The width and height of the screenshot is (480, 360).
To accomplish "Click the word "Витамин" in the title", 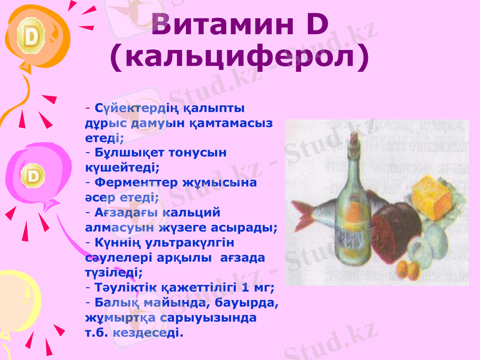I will [221, 24].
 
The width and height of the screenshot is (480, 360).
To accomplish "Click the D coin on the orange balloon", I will [31, 38].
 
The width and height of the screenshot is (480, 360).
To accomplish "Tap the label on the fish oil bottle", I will [348, 239].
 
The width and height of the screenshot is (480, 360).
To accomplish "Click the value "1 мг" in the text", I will [258, 287].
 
